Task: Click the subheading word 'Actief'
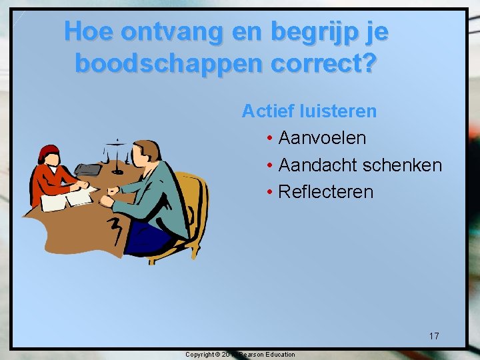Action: [263, 111]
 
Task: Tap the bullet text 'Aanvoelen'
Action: [322, 138]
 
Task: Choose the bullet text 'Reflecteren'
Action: [326, 192]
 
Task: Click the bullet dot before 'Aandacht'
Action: [269, 165]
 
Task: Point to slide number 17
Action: [434, 336]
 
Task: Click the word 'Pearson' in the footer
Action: [251, 355]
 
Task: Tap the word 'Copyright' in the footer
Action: [200, 355]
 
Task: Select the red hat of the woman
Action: [48, 152]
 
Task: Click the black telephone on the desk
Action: [87, 169]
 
